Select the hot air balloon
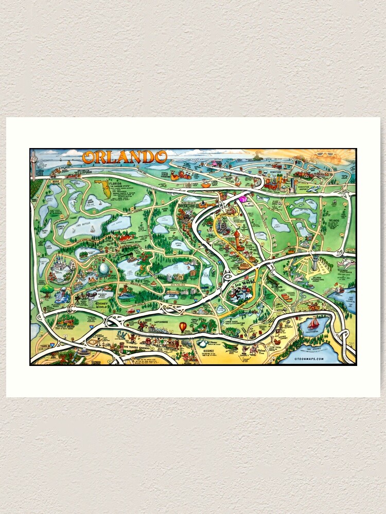tap(183, 327)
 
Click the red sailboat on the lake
tap(313, 324)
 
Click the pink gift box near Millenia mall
tap(242, 198)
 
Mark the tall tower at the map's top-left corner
tap(34, 163)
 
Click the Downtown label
tap(272, 173)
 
